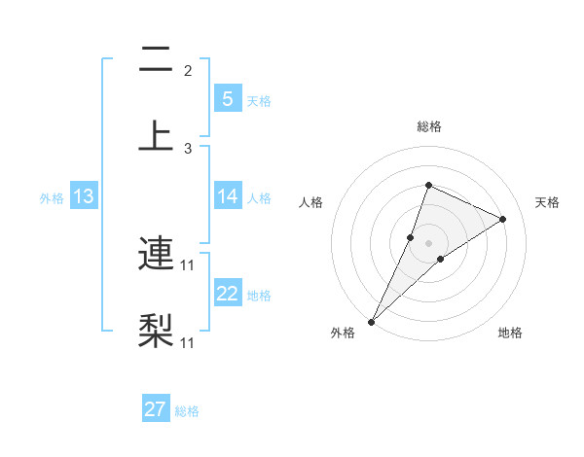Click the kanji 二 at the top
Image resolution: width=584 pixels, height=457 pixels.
(155, 60)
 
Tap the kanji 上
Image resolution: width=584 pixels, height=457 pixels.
(155, 134)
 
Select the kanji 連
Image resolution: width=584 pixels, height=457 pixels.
(155, 255)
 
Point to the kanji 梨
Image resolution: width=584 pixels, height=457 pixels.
(155, 330)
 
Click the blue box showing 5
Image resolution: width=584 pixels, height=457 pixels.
(227, 98)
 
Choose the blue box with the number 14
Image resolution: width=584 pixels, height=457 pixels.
(227, 196)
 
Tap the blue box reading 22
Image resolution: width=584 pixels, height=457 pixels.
(227, 294)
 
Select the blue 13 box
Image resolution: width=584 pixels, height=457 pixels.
(84, 196)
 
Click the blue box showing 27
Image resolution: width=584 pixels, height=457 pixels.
(156, 409)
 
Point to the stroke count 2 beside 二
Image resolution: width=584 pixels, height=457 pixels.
(188, 71)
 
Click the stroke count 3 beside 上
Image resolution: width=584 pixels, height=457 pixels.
(188, 148)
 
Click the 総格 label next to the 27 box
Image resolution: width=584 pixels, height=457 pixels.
(187, 411)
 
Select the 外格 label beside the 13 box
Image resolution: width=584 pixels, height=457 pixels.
(52, 198)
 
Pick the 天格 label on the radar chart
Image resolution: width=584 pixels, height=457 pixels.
(547, 202)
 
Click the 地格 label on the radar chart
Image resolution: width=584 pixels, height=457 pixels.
(510, 333)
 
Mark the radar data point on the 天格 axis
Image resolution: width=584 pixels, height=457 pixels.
(503, 219)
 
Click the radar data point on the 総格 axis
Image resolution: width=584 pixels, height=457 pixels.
(428, 185)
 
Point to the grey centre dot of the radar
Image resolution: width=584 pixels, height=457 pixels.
(428, 242)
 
